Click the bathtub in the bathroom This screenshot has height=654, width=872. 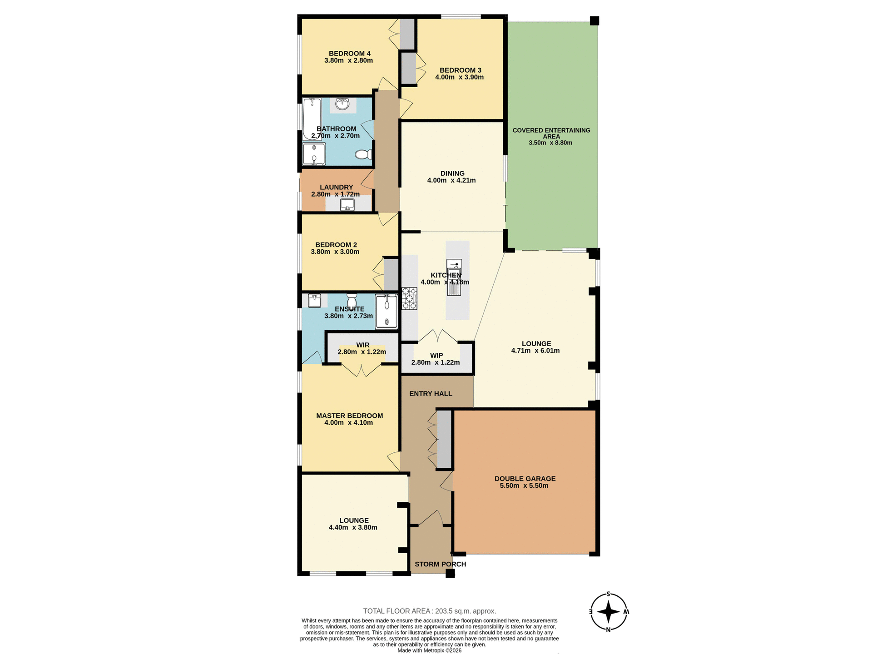[312, 119]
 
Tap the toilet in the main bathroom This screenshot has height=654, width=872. [363, 155]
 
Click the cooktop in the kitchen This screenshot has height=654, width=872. [409, 298]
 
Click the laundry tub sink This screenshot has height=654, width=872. [347, 205]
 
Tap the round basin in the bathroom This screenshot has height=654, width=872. [342, 104]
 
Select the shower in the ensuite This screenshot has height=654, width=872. [386, 312]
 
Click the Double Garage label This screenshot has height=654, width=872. [525, 478]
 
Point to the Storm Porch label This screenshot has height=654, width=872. [440, 564]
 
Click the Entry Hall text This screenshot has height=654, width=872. [431, 393]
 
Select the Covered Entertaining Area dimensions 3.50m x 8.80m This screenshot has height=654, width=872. [550, 143]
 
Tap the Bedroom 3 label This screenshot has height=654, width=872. [460, 70]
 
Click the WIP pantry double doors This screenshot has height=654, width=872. [437, 336]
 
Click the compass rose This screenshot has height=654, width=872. [609, 611]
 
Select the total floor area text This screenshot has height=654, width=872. [429, 611]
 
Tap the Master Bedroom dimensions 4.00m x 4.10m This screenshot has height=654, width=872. [348, 422]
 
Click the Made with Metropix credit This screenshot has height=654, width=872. [429, 650]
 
